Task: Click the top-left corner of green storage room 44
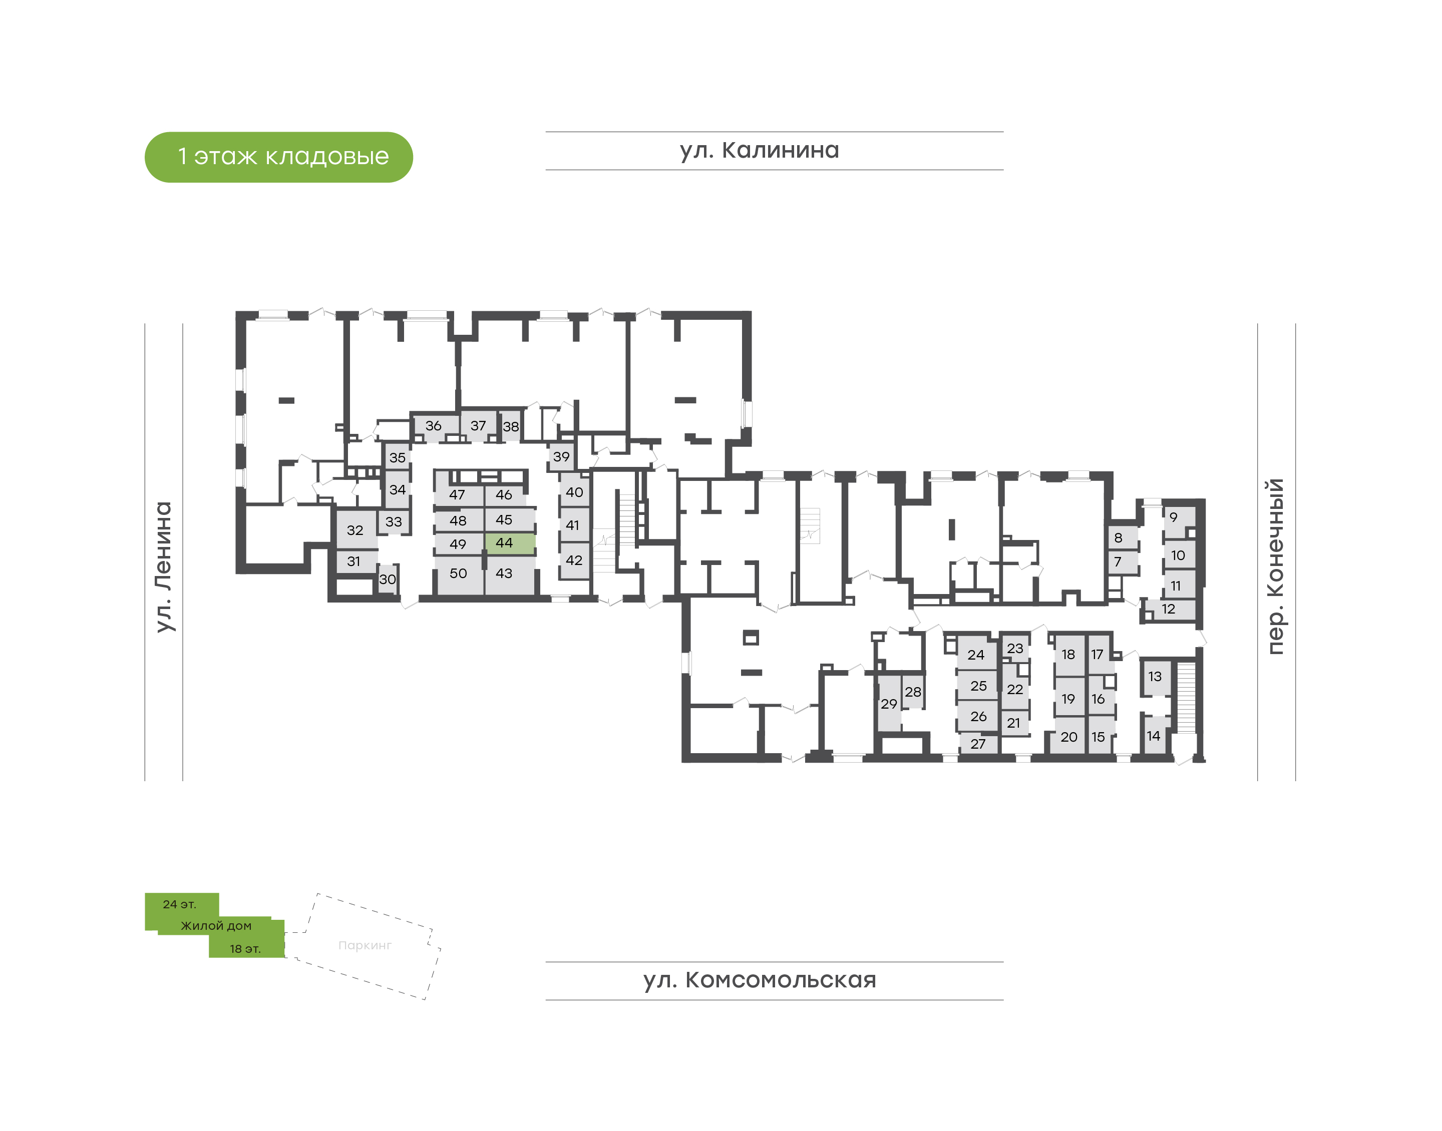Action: pyautogui.click(x=486, y=533)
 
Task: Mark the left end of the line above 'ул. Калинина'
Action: pyautogui.click(x=546, y=132)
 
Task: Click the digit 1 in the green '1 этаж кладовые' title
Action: pyautogui.click(x=183, y=157)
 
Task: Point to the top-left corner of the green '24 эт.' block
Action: pyautogui.click(x=145, y=893)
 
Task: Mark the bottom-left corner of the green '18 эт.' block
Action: pyautogui.click(x=209, y=957)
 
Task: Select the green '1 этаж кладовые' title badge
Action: pyautogui.click(x=279, y=157)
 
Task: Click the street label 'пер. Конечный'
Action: pyautogui.click(x=1276, y=566)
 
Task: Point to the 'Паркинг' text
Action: pyautogui.click(x=365, y=946)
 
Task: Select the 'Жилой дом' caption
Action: pyautogui.click(x=217, y=926)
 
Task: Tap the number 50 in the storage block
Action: pyautogui.click(x=458, y=574)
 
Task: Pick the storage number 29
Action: pyautogui.click(x=889, y=704)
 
